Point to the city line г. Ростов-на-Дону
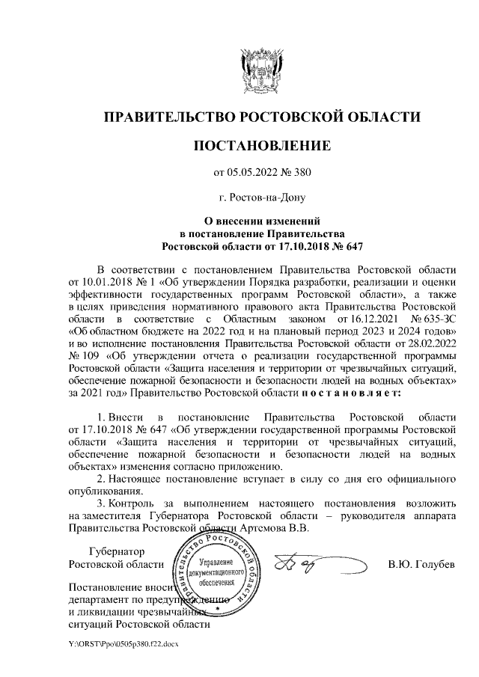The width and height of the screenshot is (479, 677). click(x=262, y=198)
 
